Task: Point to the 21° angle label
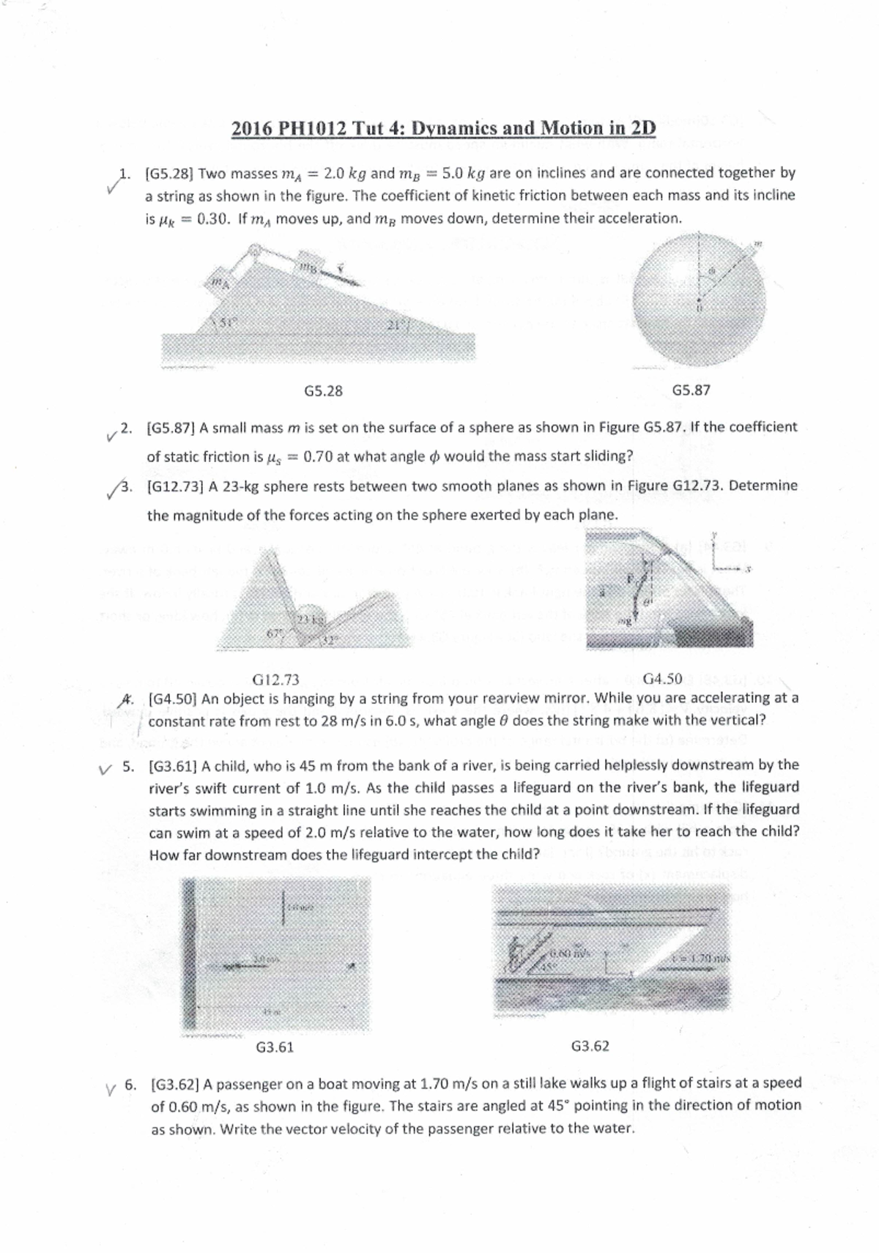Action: click(x=396, y=327)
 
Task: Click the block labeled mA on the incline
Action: click(x=217, y=283)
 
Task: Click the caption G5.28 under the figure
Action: click(x=323, y=390)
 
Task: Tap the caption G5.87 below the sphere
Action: click(x=691, y=390)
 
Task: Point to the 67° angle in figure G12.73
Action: click(x=275, y=631)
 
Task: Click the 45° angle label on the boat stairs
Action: click(x=548, y=966)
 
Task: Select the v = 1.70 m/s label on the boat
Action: click(x=701, y=959)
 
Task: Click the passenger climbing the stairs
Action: click(x=516, y=956)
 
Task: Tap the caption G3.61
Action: click(x=275, y=1047)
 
